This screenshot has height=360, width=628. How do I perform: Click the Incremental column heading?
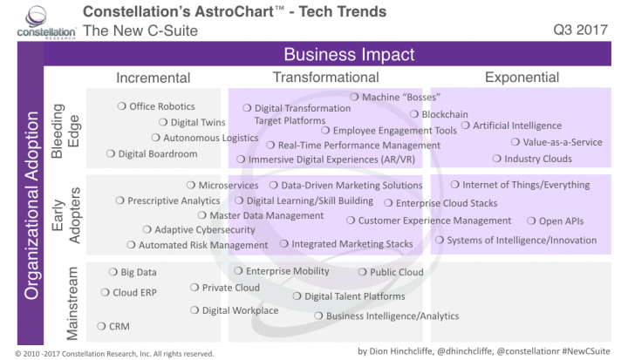click(153, 78)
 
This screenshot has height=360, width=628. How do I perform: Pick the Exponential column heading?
click(527, 78)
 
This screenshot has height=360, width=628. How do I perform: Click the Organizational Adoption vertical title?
click(31, 205)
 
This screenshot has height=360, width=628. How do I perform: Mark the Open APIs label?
click(563, 221)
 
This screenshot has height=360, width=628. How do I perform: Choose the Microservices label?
click(228, 186)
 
